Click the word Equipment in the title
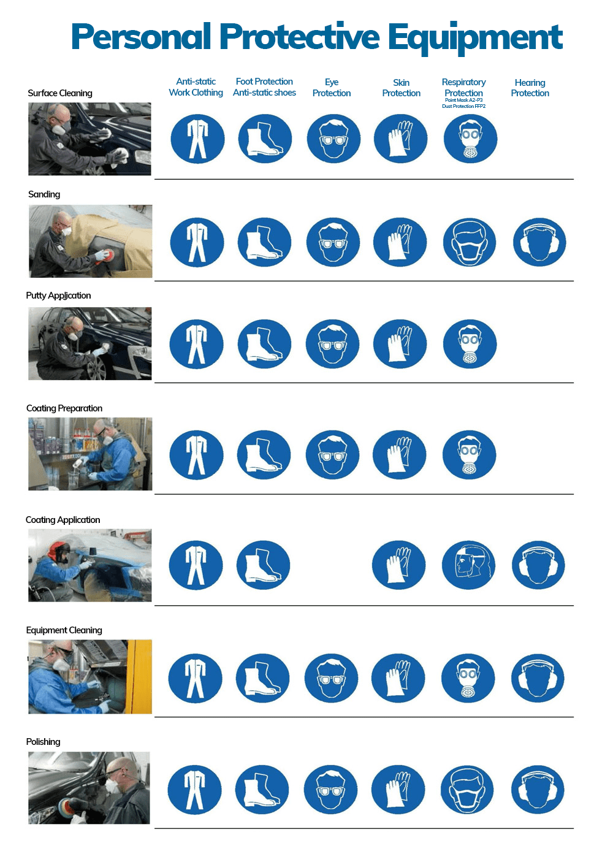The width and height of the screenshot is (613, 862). pos(475,38)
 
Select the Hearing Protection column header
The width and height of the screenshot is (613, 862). pos(530,88)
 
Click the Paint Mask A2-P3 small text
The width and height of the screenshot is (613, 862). pos(463,100)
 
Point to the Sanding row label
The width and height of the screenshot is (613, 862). pos(44,194)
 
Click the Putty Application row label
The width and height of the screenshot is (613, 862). pos(58,296)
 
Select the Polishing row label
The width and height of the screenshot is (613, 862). pos(43,742)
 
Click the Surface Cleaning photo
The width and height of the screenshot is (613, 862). pos(89,139)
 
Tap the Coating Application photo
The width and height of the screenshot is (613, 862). pos(90,565)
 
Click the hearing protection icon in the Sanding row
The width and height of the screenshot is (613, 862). pos(539,242)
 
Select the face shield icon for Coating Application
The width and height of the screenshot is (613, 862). pos(468,565)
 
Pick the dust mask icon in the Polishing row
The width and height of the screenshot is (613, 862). pos(466,790)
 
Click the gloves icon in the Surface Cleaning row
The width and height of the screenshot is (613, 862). pos(400,139)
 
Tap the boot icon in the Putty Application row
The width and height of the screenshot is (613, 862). pos(264,344)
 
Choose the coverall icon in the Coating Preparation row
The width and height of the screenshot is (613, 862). pos(196,455)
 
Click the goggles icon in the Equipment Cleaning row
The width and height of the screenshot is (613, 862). pos(331,678)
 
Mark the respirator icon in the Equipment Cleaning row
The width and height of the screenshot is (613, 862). pos(468,678)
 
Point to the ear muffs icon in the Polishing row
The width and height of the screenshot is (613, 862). pos(538,790)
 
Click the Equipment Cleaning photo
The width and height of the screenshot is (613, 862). pos(90,677)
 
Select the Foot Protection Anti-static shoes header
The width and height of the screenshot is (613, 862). pos(264,87)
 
